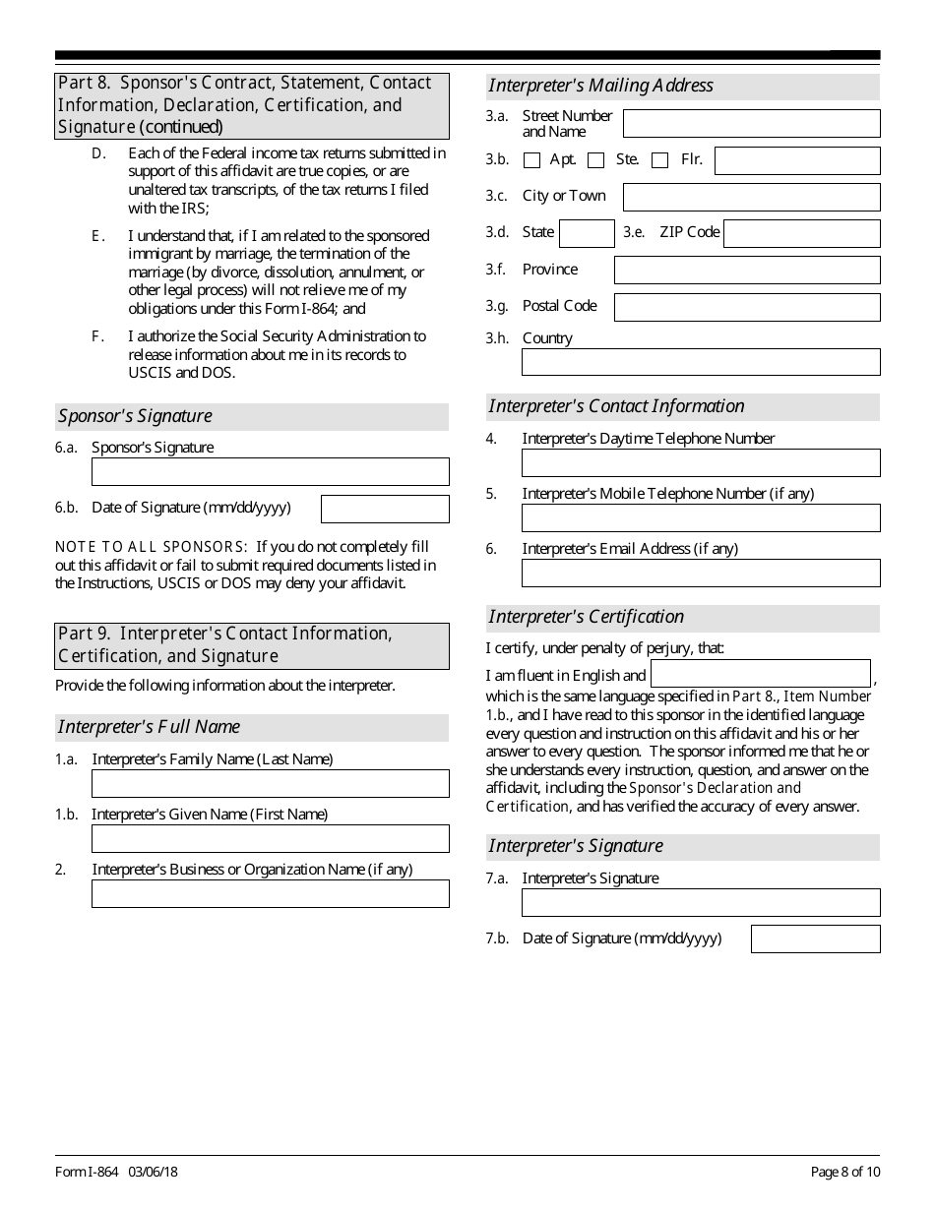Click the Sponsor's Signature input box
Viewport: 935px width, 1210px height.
270,471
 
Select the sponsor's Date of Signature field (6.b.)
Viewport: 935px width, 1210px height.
385,509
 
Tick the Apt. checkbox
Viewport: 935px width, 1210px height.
532,160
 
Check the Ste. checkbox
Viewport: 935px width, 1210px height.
595,160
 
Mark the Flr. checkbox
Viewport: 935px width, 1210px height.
660,160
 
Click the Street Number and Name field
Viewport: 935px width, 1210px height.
751,123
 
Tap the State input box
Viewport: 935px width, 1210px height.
587,233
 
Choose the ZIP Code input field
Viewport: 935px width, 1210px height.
801,233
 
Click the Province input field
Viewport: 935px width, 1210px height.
747,270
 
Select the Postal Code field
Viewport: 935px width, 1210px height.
747,307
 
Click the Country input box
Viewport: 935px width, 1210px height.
701,362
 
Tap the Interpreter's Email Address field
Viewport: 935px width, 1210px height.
701,573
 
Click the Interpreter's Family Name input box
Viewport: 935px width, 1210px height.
270,783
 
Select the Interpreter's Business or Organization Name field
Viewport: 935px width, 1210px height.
270,893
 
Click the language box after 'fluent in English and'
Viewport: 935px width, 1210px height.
761,674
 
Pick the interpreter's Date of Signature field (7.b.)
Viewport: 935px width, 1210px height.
815,938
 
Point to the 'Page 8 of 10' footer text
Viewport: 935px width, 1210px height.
845,1172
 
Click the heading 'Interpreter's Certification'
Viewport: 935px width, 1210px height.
587,617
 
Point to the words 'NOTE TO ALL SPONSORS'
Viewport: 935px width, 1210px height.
151,547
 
